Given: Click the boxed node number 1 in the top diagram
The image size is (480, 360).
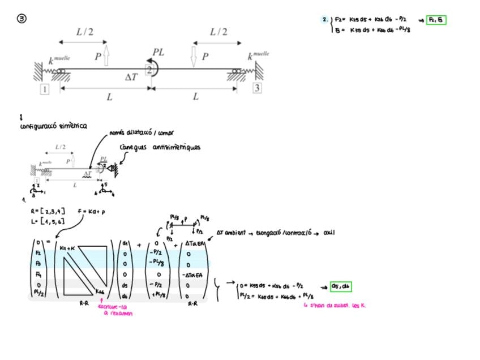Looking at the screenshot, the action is (44, 89).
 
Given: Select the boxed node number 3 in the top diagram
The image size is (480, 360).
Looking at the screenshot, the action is (257, 88).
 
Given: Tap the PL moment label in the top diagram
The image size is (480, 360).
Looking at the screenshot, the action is (158, 52).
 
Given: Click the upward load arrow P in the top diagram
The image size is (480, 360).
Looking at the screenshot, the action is (106, 57).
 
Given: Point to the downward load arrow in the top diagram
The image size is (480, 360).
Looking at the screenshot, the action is (194, 57).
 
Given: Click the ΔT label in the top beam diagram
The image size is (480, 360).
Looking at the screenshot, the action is (131, 76).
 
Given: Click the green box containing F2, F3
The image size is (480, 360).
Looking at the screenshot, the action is (436, 20).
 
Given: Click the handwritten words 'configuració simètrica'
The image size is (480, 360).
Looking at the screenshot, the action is (53, 126).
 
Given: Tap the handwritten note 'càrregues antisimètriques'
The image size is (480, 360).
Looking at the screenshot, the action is (160, 147).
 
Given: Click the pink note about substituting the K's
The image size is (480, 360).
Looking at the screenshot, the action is (335, 305).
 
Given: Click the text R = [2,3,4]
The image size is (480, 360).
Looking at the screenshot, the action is (48, 212).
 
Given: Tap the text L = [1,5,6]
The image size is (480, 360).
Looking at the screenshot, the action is (48, 221).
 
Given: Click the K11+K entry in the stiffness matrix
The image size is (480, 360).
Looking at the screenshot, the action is (66, 247).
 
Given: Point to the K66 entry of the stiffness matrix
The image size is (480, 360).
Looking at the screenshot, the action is (99, 292).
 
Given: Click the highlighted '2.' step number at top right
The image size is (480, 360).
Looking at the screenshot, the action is (325, 19).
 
